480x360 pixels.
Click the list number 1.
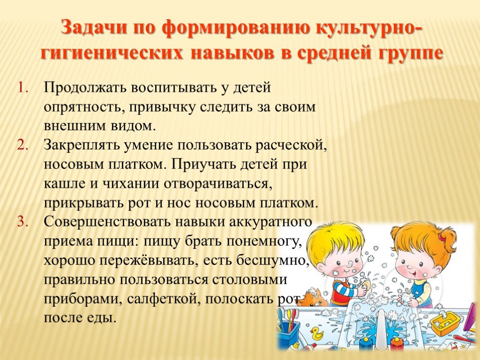[22, 88]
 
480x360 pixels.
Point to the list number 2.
[22, 145]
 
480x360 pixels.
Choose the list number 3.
[22, 222]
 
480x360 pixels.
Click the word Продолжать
[85, 88]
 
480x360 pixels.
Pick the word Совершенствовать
[107, 222]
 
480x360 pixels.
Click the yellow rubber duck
[316, 332]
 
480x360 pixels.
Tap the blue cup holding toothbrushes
[288, 333]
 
